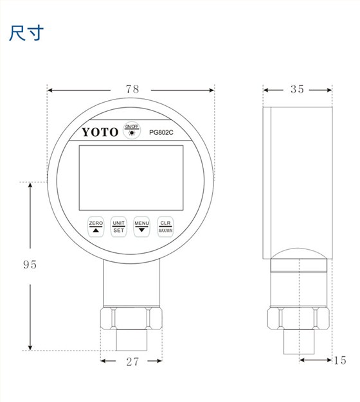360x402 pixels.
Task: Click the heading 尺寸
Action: point(26,33)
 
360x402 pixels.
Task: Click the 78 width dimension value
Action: point(132,90)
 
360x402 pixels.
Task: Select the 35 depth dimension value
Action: point(296,89)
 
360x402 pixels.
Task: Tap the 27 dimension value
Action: point(132,362)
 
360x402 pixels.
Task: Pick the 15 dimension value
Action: point(340,361)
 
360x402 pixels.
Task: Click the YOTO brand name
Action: point(100,132)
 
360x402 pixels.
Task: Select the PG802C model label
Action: point(163,133)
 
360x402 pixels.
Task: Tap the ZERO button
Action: point(96,226)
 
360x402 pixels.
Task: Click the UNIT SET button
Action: point(119,226)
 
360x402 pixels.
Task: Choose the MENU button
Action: point(142,226)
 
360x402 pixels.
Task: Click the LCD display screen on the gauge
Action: point(130,178)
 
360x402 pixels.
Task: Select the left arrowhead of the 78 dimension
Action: point(52,90)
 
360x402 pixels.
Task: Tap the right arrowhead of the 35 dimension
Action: point(328,89)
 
